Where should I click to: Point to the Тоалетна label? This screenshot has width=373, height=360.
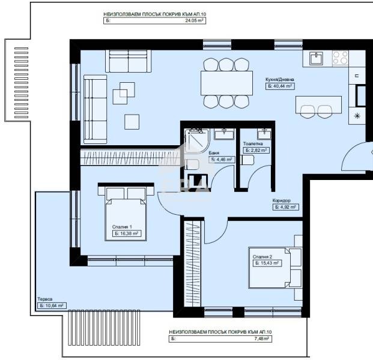pos(252,144)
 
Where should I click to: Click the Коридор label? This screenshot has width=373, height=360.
pos(282,200)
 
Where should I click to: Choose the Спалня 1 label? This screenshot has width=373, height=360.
pos(122,227)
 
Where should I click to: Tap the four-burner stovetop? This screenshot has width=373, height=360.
pos(340,58)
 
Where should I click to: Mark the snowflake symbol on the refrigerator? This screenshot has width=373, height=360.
pos(358,116)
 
